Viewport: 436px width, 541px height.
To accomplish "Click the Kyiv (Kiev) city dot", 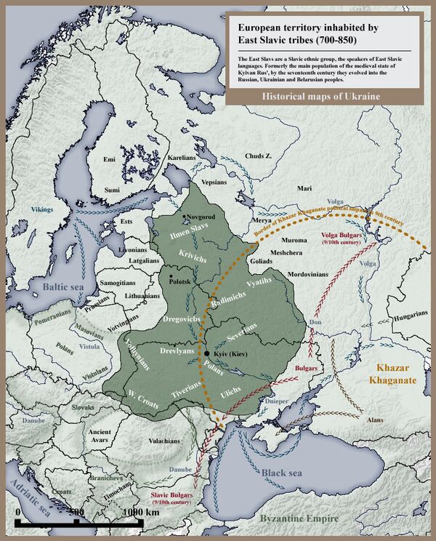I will (x=207, y=353).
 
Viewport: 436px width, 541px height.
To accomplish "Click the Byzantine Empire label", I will (x=299, y=518).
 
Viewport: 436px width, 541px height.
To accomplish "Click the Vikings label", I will (x=41, y=209).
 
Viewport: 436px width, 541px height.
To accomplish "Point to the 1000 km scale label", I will (x=142, y=512).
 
